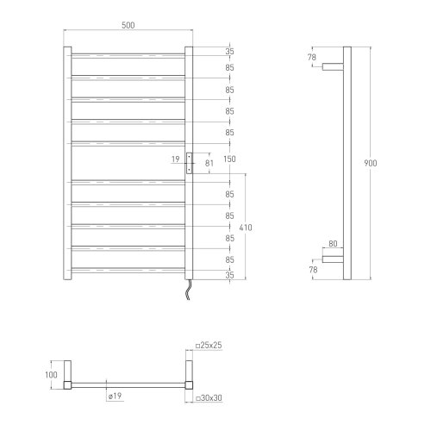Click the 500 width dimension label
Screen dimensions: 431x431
coord(128,25)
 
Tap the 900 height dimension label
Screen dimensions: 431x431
coord(371,163)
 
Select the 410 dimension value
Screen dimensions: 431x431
coord(246,228)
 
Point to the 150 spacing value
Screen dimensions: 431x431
coord(229,159)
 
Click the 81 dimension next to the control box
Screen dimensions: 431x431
coord(209,163)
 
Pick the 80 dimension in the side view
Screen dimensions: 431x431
coord(333,244)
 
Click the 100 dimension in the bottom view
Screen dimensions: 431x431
coord(51,375)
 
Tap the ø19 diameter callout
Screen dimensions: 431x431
coord(115,396)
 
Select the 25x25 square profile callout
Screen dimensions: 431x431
coord(209,345)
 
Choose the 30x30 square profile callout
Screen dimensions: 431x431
coord(209,398)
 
